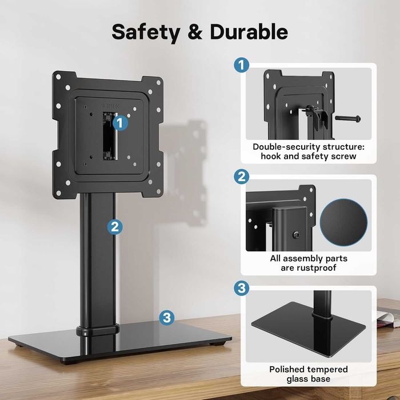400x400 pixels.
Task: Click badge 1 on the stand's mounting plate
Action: [x=119, y=122]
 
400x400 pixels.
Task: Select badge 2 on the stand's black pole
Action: [x=115, y=226]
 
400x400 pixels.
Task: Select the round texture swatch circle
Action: [x=344, y=219]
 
